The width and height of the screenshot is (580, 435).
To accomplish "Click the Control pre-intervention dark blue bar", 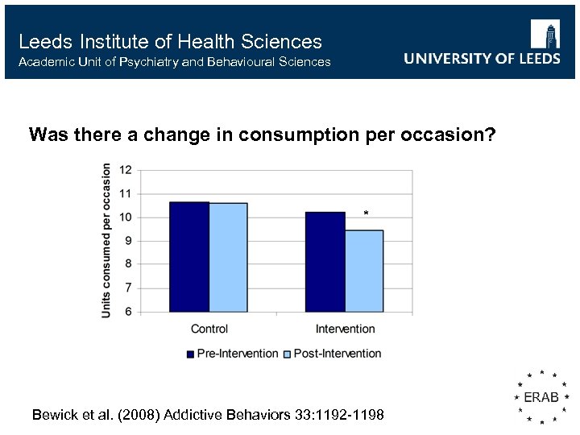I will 188,257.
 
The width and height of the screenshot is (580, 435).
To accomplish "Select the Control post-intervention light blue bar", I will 228,258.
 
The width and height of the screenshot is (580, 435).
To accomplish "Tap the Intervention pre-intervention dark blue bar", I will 325,262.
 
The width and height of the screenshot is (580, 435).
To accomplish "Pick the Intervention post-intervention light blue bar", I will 364,271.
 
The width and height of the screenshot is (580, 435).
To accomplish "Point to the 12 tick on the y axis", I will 126,170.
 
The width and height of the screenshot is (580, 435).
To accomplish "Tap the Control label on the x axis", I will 209,329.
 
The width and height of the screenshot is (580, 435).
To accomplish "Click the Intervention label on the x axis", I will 345,329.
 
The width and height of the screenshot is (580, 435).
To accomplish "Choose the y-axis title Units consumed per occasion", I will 106,240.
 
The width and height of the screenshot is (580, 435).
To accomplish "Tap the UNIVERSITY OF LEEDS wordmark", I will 482,59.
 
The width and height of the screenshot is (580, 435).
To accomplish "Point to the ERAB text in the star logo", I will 542,398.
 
